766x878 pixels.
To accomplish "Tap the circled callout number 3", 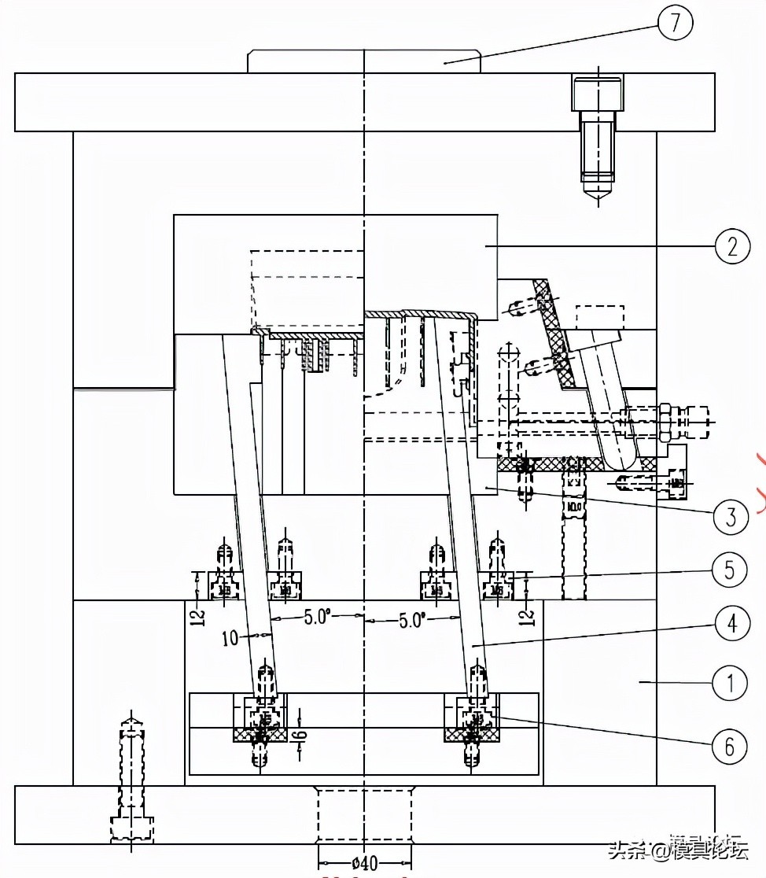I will coord(731,517).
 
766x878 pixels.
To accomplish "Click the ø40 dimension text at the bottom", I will coord(363,864).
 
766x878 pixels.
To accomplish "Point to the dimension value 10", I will coord(230,638).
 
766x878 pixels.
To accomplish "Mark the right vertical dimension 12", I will coord(528,613).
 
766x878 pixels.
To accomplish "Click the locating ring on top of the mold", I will coord(364,61).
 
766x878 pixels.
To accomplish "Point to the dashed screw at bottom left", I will coord(131,779).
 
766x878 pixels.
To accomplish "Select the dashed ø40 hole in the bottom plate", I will coord(364,815).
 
